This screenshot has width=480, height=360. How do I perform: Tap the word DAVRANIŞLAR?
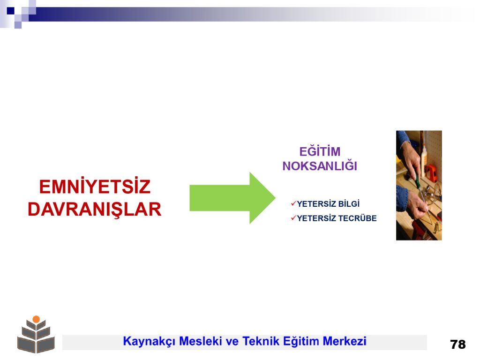pos(95,210)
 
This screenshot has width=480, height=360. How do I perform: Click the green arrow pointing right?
pos(232,198)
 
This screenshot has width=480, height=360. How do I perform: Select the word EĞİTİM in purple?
pos(320,151)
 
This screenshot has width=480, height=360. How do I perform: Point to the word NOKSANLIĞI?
pos(320,165)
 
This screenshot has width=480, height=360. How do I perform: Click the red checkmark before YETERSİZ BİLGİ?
pos(293,203)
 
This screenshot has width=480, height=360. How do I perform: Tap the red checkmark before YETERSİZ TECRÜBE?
pos(293,218)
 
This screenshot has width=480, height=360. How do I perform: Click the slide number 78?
pos(457,345)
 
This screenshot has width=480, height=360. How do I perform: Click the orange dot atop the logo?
pos(36,319)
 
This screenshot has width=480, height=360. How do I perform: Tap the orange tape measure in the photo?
pos(432,172)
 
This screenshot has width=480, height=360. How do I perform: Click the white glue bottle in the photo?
pos(424,156)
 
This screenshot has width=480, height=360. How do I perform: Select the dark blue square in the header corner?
pos(10,11)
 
